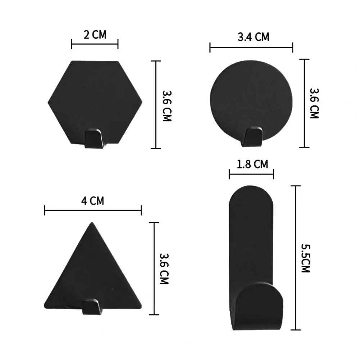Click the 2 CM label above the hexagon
(95, 35)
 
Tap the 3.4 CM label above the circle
(253, 37)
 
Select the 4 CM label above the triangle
(92, 201)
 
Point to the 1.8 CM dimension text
(252, 164)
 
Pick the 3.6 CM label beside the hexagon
(166, 105)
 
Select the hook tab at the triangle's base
(91, 306)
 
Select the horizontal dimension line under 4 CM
(93, 210)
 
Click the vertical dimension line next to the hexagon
(156, 104)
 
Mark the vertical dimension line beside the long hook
(296, 258)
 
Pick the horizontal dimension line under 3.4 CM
(251, 47)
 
